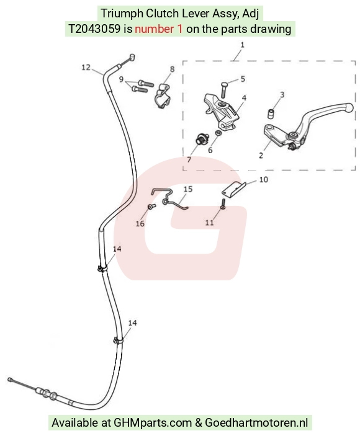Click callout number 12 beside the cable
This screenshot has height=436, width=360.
coord(86,67)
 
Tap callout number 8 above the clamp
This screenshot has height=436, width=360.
coord(172,69)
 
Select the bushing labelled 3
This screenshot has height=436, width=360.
coord(271,113)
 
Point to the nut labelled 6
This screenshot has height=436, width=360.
coord(218,133)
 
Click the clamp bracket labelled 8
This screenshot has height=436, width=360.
coord(162,96)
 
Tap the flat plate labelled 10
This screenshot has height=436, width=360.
coord(234,189)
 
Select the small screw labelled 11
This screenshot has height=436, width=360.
coord(223,204)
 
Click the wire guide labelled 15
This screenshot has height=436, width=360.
coord(169,197)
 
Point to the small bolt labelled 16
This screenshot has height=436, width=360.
coord(151,207)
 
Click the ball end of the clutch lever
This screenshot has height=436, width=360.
coord(349,108)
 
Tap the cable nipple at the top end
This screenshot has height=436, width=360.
coord(132,57)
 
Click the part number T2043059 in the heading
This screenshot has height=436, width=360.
coord(94,29)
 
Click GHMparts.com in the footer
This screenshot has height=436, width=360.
coord(153,422)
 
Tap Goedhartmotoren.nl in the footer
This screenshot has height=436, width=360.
coord(256,422)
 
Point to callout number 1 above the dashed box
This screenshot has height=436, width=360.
coord(242,45)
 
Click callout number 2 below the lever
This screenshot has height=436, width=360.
coord(261,156)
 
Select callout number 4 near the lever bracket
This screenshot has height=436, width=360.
coord(244,98)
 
